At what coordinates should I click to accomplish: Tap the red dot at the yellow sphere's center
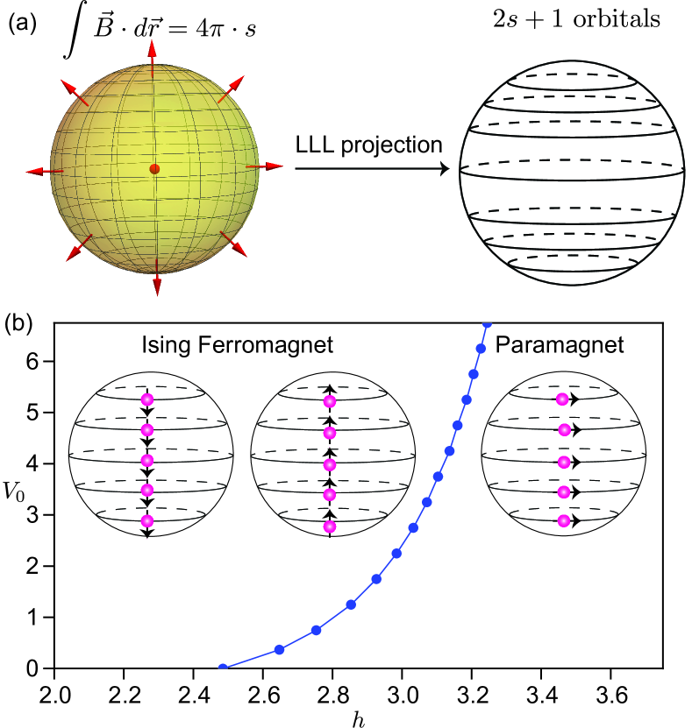[154, 168]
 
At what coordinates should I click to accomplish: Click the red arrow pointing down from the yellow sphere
[156, 283]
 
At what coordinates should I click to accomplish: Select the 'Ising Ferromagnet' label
[237, 345]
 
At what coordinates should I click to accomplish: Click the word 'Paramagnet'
[560, 345]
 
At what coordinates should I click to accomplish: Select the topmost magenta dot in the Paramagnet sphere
[562, 399]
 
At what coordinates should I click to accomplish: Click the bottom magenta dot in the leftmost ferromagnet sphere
[146, 521]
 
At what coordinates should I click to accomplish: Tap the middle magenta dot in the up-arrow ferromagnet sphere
[330, 464]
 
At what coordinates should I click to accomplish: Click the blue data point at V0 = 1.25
[351, 604]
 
